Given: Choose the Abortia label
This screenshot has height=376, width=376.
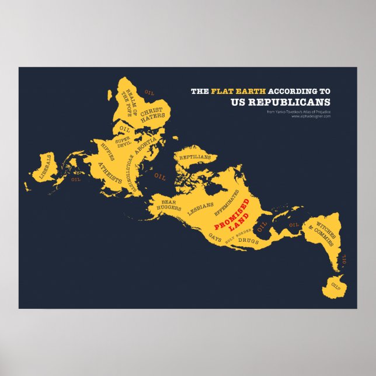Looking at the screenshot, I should tap(146, 144).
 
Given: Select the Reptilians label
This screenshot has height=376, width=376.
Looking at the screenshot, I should tap(194, 158).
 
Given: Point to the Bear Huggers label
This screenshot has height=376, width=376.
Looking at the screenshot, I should tap(162, 205).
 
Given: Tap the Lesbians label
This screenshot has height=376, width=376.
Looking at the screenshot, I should tap(199, 205).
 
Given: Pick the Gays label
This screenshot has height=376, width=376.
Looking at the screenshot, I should tap(215, 238).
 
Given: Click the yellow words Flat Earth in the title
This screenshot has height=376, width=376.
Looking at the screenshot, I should tap(238, 92).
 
